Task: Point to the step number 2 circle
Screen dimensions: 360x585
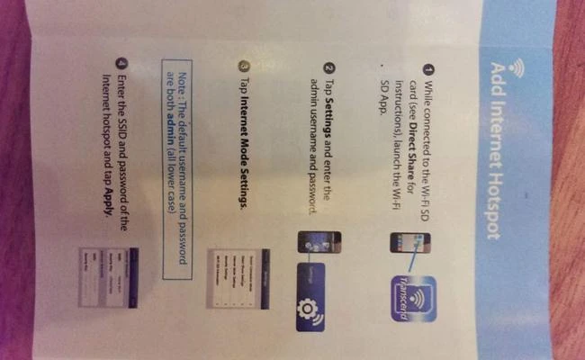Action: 328,68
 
